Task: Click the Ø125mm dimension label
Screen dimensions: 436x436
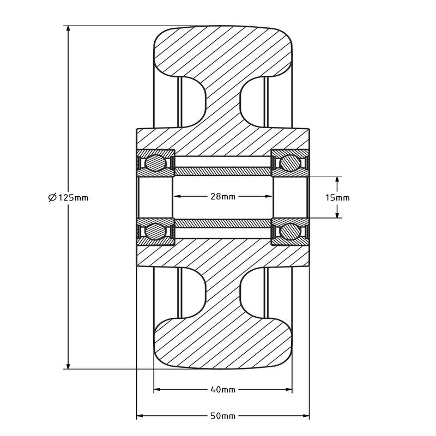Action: [x=69, y=197]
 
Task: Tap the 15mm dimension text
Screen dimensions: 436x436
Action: [x=337, y=197]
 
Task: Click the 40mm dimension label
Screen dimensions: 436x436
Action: [x=223, y=390]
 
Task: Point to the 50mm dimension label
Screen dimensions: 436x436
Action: [x=223, y=416]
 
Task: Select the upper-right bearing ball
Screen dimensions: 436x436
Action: [x=289, y=163]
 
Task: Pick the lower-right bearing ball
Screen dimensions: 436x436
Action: [x=289, y=231]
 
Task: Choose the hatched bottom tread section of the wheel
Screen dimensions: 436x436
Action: [x=223, y=343]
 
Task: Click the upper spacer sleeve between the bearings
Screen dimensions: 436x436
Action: [x=223, y=171]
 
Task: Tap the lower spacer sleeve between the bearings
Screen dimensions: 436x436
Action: [x=223, y=223]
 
